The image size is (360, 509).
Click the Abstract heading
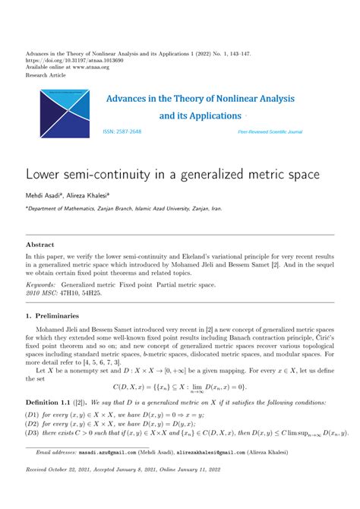coord(41,245)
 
